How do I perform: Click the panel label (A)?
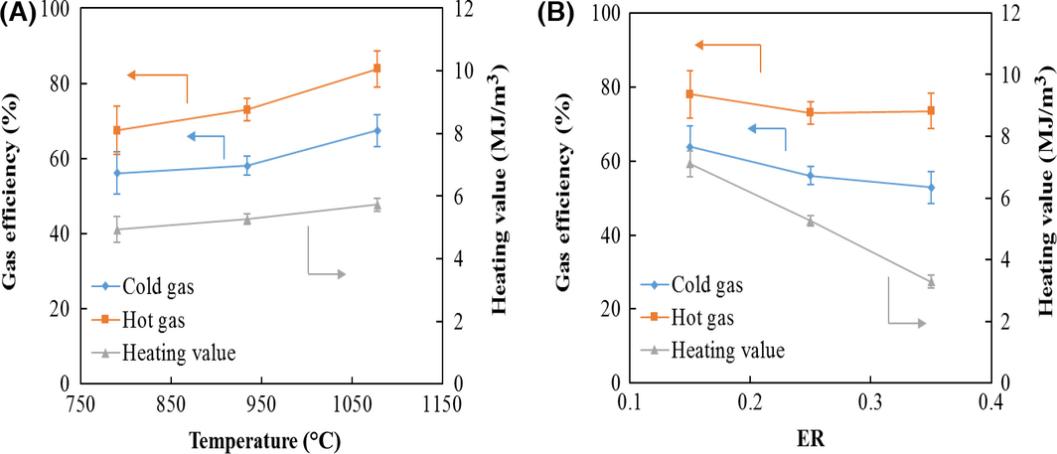pyautogui.click(x=20, y=14)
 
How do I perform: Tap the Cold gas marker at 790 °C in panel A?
pyautogui.click(x=117, y=173)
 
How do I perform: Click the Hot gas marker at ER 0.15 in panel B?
pyautogui.click(x=689, y=93)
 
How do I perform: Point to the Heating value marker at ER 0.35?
pyautogui.click(x=931, y=282)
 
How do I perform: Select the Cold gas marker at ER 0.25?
pyautogui.click(x=810, y=176)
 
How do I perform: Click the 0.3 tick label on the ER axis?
pyautogui.click(x=871, y=405)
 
